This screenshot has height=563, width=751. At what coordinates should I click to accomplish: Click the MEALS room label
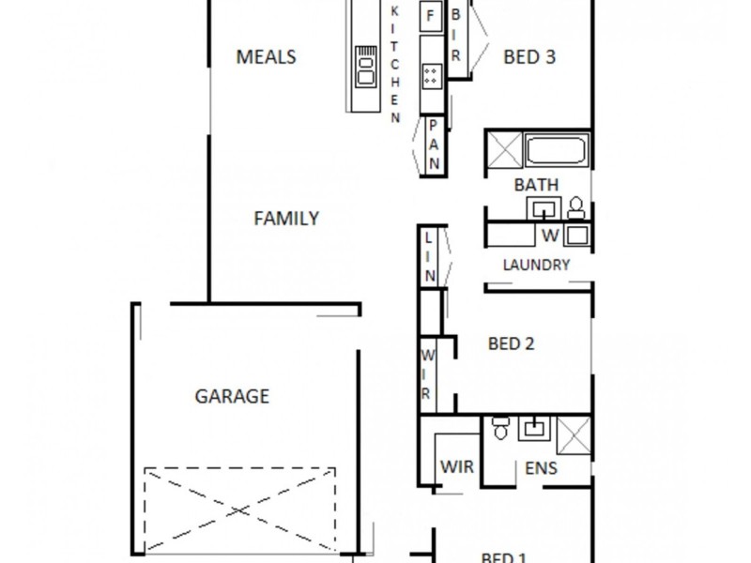[266, 57]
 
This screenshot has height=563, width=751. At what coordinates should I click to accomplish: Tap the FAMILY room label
[286, 219]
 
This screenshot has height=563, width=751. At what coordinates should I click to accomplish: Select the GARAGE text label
[231, 396]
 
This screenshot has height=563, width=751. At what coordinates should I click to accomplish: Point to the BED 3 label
[529, 57]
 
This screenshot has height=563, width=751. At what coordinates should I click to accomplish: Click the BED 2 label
[511, 344]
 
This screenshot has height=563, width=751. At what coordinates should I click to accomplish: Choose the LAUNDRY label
[536, 265]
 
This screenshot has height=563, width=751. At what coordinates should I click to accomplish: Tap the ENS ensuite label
[542, 468]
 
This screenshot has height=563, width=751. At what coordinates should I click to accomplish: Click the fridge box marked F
[431, 16]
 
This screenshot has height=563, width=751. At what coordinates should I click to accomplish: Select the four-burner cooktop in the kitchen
[431, 74]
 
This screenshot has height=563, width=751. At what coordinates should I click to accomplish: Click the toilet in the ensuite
[499, 430]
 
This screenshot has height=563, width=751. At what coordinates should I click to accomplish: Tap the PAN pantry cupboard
[435, 145]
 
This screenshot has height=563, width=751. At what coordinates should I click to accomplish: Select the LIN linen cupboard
[429, 255]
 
